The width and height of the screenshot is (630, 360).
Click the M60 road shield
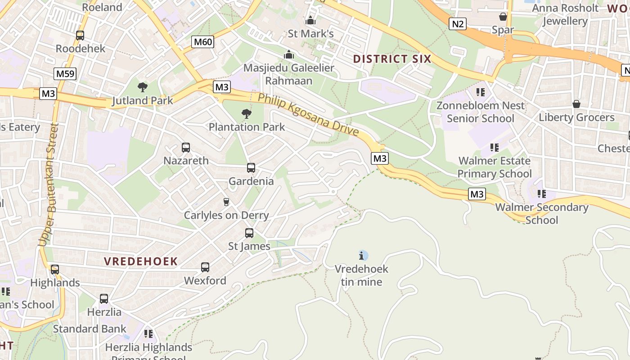tap(202, 42)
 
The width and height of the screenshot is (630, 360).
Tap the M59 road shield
tap(65, 74)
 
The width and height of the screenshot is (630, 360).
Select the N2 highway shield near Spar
tap(457, 24)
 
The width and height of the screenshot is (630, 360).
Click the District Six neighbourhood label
tap(392, 59)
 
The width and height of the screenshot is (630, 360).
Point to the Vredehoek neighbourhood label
tap(141, 261)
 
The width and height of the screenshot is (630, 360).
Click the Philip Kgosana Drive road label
tap(308, 114)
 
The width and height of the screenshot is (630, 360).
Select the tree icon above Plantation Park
tap(246, 113)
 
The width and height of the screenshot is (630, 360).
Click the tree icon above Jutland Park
tap(143, 87)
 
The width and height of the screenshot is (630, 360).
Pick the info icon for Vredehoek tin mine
tap(362, 256)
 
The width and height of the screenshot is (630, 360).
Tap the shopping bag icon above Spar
tap(503, 17)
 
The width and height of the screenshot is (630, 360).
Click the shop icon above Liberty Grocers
tap(576, 104)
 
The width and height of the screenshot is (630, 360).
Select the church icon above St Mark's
tap(310, 20)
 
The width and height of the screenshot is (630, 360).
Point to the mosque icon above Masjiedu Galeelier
tap(289, 54)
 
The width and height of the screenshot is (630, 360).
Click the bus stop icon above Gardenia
tap(251, 168)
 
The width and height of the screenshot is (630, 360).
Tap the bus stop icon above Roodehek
tap(80, 35)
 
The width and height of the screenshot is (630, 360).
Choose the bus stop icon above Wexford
tap(205, 267)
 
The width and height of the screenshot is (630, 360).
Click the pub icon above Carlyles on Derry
tap(226, 202)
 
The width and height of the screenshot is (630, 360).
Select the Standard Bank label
tap(90, 329)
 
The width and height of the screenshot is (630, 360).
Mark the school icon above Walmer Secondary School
tap(542, 194)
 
